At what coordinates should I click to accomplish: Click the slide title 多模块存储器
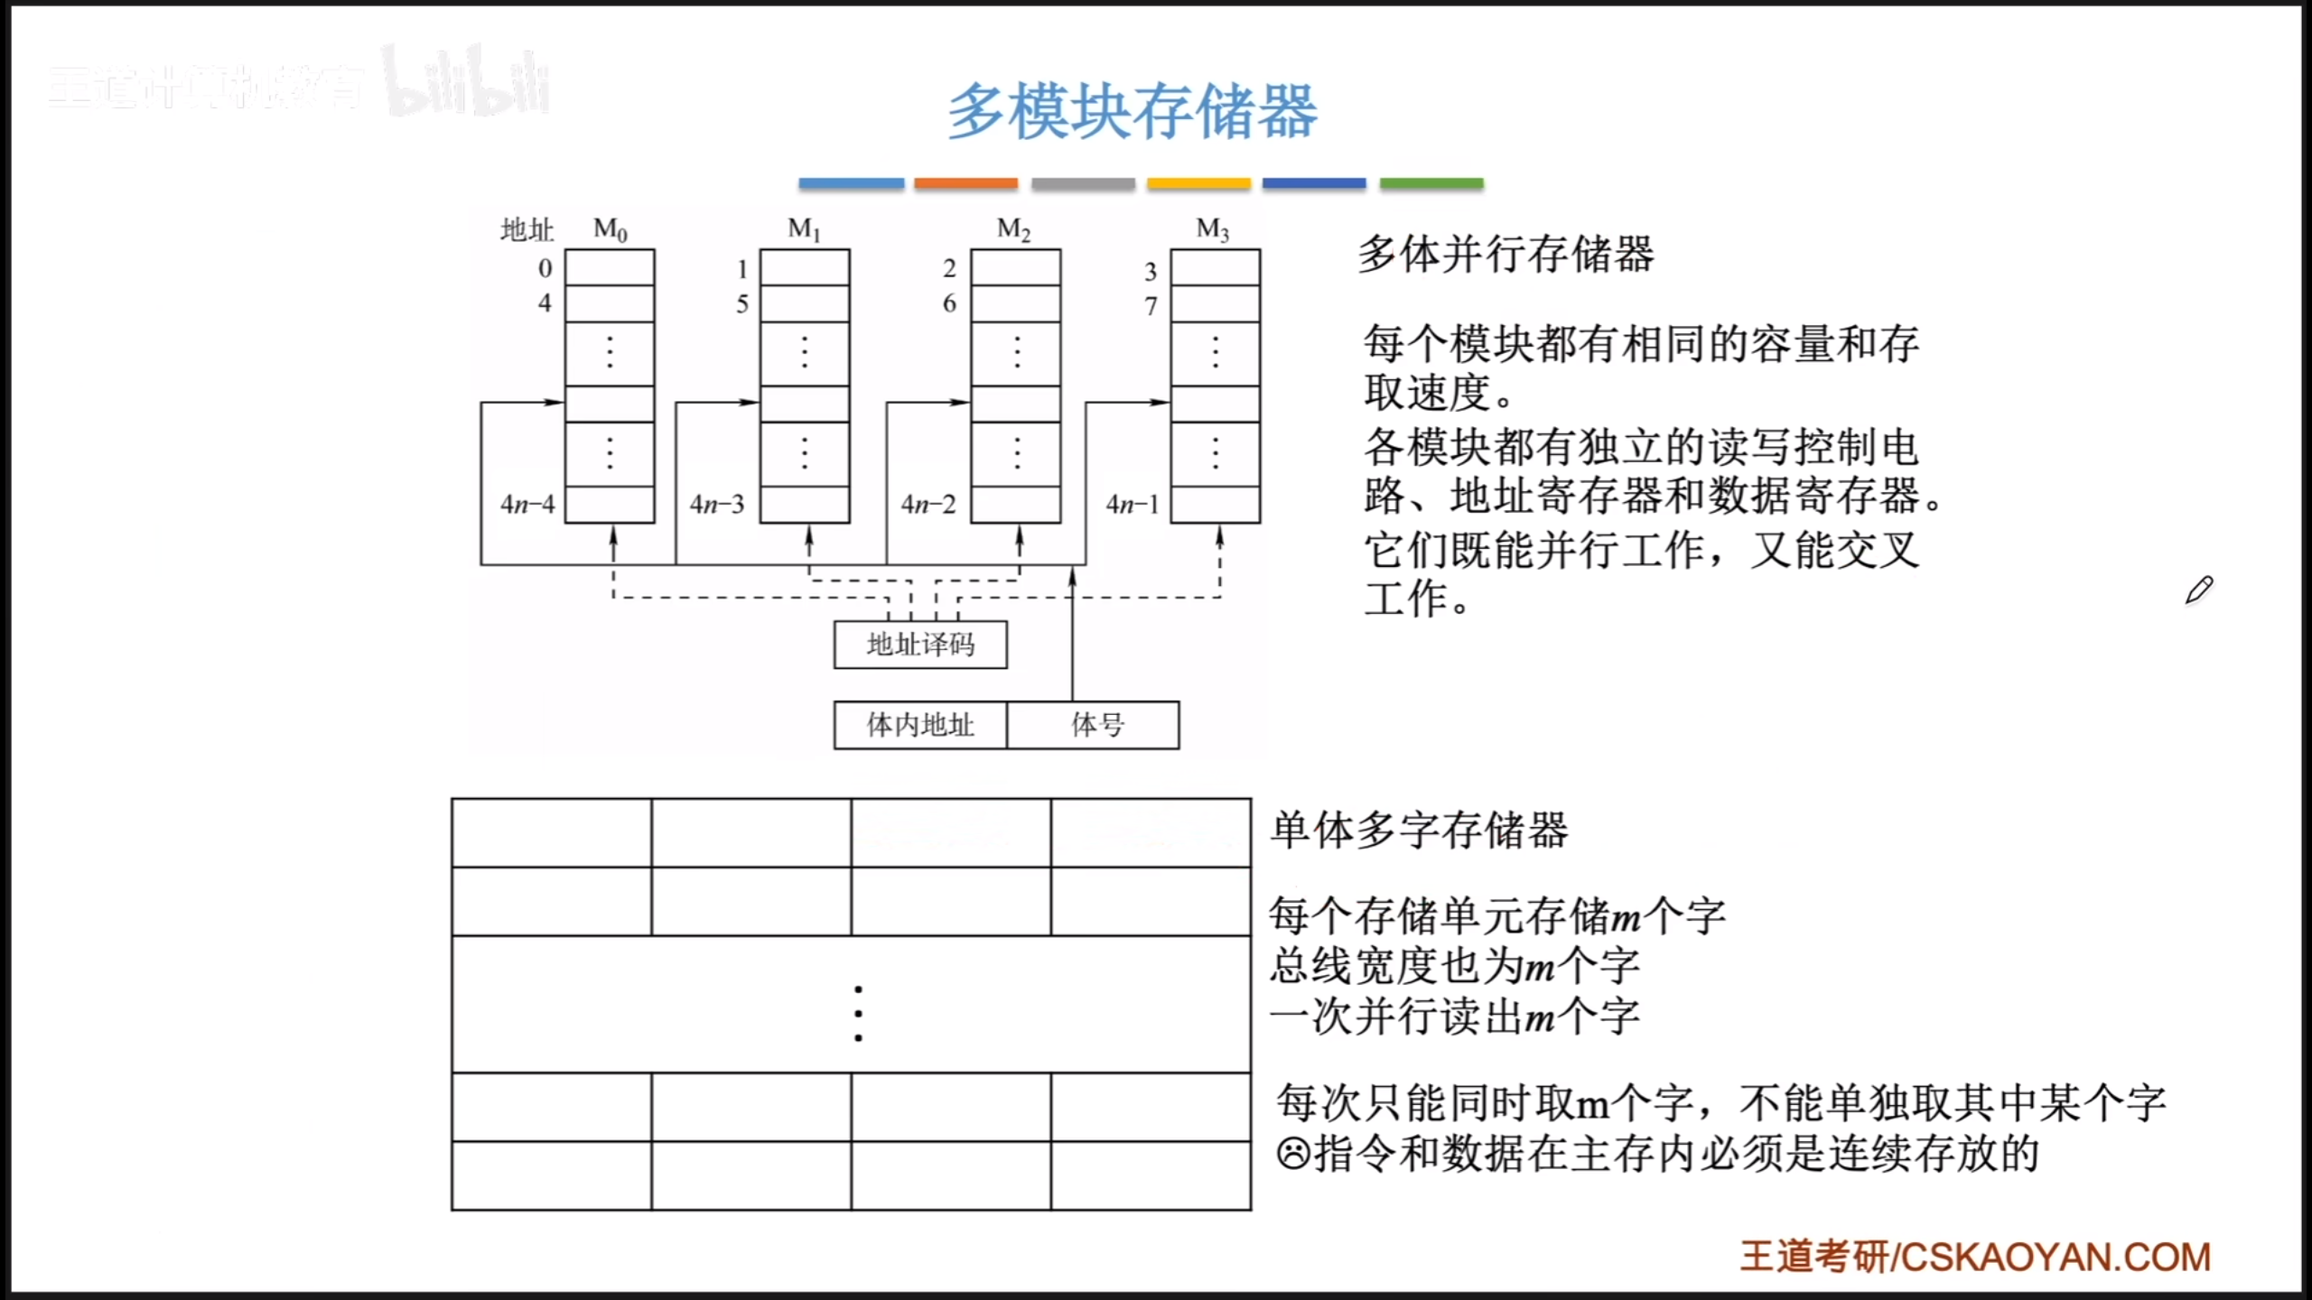click(x=1133, y=112)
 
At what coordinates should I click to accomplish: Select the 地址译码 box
click(x=920, y=645)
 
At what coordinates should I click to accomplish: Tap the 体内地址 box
click(x=920, y=725)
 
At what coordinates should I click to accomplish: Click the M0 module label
click(x=610, y=230)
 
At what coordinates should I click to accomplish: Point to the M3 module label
click(x=1212, y=230)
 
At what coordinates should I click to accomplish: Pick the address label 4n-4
click(x=527, y=504)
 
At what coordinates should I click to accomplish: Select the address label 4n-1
click(x=1133, y=504)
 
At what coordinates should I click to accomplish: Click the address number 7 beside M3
click(x=1151, y=306)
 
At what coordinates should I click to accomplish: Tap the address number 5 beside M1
click(x=742, y=304)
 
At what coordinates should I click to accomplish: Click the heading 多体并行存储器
click(x=1506, y=254)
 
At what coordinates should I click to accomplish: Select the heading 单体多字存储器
click(x=1419, y=830)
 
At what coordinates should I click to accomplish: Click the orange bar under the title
click(x=965, y=183)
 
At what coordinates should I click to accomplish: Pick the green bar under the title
click(x=1431, y=183)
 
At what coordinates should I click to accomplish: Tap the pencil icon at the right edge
click(x=2199, y=590)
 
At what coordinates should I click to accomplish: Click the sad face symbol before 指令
click(x=1292, y=1154)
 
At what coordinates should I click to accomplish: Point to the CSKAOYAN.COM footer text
click(x=2056, y=1257)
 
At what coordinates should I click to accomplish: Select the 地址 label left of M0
click(x=527, y=230)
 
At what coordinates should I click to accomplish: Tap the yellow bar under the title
click(x=1198, y=183)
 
